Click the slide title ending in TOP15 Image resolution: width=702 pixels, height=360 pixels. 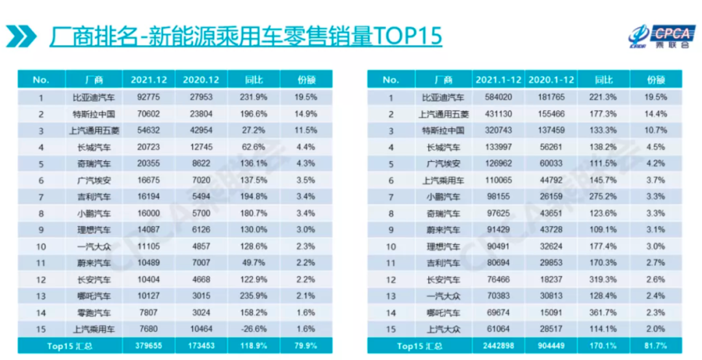(246, 35)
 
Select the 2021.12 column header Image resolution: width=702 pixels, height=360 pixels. (149, 80)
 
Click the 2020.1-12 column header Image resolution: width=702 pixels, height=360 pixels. (551, 80)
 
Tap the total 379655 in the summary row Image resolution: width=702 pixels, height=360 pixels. (149, 345)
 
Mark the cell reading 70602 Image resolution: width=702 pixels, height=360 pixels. (149, 114)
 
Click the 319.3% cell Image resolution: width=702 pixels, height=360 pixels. (603, 279)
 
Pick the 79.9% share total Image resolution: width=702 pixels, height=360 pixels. (306, 345)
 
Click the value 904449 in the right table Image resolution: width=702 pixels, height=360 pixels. (551, 345)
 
